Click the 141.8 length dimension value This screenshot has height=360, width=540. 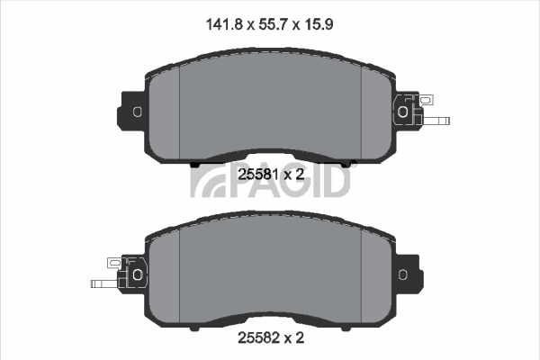click(x=224, y=24)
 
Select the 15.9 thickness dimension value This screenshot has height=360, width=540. click(x=319, y=24)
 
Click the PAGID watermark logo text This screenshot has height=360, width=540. click(x=271, y=181)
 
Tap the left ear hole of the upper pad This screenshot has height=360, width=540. click(x=137, y=112)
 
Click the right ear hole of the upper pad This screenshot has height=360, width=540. click(x=402, y=112)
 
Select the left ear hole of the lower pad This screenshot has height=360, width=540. click(x=138, y=274)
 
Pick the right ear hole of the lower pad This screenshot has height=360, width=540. click(x=402, y=274)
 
